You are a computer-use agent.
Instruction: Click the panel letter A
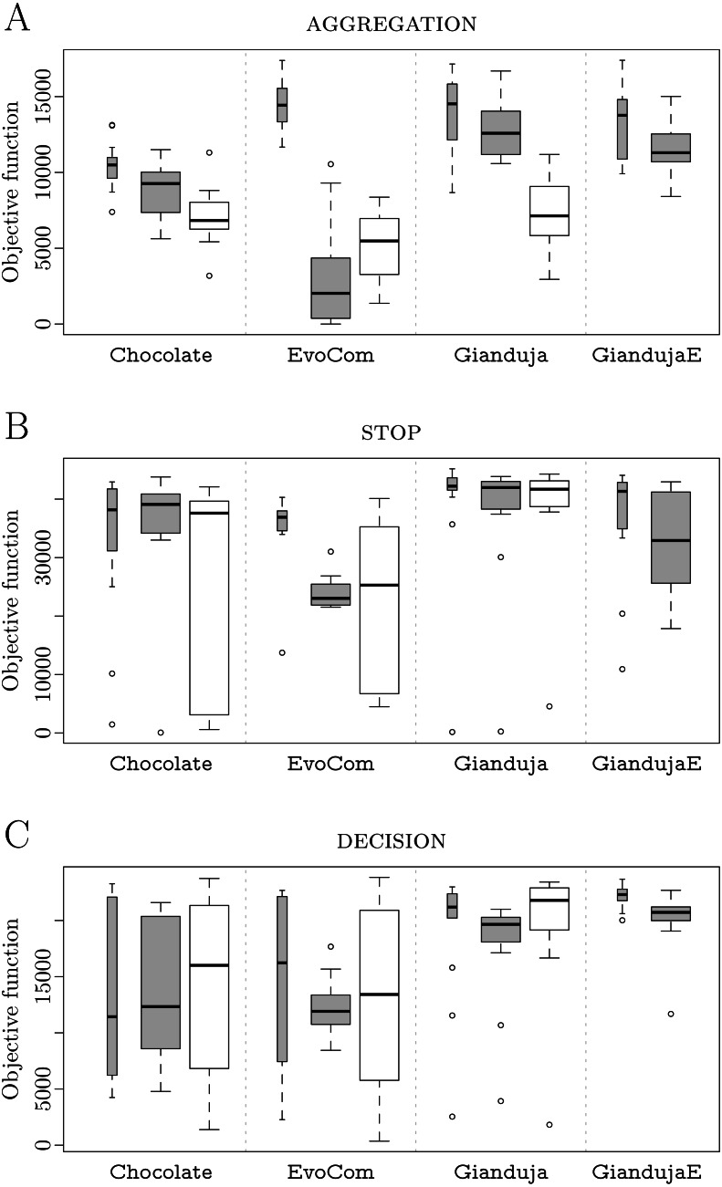coord(17,18)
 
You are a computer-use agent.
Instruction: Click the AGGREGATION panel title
coord(391,25)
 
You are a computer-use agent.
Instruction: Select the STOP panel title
coord(391,432)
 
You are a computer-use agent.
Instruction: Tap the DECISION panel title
coord(391,841)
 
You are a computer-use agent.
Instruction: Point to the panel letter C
coord(17,835)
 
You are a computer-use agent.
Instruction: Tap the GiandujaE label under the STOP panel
coord(646,763)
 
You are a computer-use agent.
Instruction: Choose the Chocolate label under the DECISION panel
coord(161,1171)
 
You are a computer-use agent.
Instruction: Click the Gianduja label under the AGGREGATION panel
coord(500,355)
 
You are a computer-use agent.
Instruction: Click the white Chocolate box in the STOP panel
coord(210,607)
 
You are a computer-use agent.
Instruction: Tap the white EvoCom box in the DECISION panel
coord(380,994)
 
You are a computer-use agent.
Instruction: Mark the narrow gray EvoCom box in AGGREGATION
coord(282,105)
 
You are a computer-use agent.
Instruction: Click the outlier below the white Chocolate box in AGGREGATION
coord(209,275)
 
